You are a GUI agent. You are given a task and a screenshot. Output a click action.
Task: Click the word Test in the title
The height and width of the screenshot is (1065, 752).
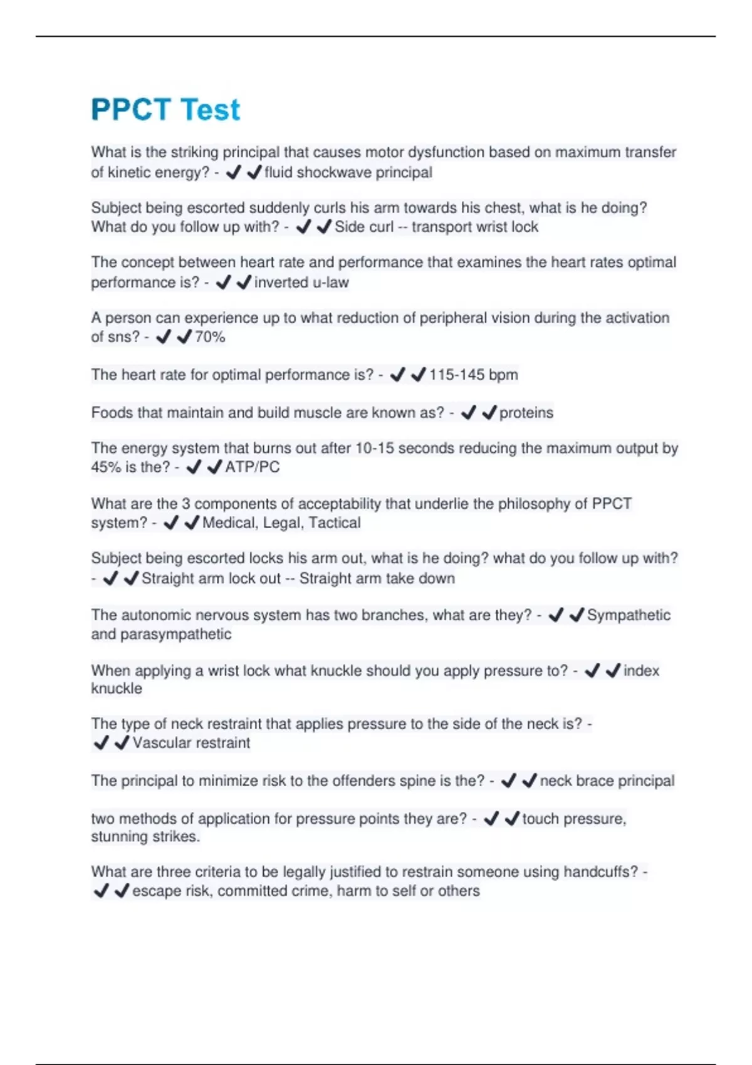[x=209, y=110]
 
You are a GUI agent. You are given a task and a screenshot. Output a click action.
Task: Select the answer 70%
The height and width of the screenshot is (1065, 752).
[x=209, y=337]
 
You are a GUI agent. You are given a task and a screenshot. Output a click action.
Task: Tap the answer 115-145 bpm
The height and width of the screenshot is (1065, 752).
[x=473, y=375]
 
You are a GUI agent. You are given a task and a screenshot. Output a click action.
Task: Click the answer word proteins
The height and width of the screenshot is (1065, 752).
[x=526, y=413]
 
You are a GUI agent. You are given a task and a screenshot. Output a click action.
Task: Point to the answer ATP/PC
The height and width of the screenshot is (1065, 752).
[x=253, y=467]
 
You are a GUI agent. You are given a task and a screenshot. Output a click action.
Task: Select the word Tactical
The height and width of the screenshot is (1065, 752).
[x=335, y=522]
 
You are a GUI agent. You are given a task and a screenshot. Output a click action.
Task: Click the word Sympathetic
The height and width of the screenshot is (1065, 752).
[x=629, y=615]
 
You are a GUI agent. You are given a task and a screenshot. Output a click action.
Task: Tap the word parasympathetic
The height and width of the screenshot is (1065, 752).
[x=175, y=634]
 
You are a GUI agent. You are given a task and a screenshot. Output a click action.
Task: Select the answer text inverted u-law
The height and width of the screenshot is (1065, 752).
[x=301, y=283]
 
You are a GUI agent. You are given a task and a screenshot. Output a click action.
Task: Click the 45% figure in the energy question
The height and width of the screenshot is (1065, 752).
[x=106, y=467]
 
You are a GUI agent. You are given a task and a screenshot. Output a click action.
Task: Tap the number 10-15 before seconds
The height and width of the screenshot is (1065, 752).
[x=374, y=448]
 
